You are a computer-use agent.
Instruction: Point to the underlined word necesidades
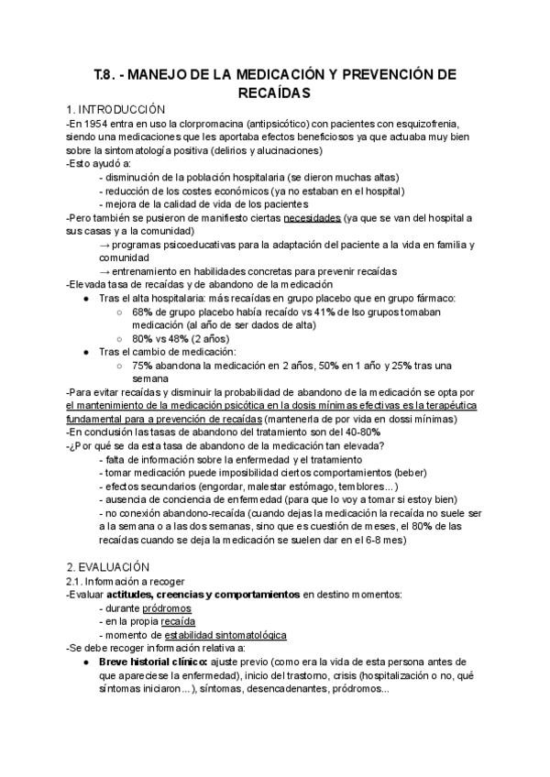(312, 217)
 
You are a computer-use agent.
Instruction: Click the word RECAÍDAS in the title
(274, 93)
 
